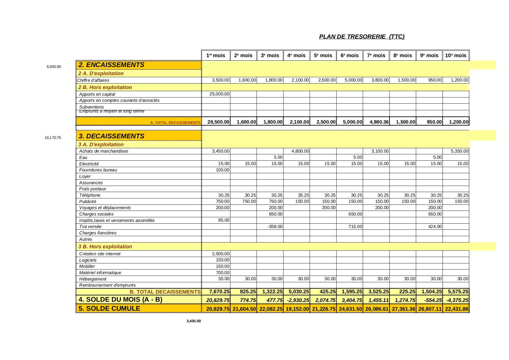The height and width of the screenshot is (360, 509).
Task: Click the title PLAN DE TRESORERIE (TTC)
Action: [x=362, y=37]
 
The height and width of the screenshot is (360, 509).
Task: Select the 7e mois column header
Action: [x=376, y=55]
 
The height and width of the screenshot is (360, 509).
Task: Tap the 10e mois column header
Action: [x=456, y=55]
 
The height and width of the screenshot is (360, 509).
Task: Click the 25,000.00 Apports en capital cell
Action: [x=219, y=94]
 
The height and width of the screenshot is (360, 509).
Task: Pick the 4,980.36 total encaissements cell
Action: [x=379, y=122]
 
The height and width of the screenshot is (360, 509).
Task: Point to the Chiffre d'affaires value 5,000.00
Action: [x=353, y=80]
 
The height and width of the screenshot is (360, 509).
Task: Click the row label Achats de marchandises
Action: [x=104, y=151]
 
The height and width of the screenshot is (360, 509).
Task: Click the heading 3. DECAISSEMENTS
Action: [x=111, y=136]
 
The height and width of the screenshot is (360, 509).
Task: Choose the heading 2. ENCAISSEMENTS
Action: [x=111, y=65]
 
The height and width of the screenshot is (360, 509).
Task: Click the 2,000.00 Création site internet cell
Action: [x=221, y=254]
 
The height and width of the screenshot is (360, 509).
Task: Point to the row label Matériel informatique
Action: [x=100, y=273]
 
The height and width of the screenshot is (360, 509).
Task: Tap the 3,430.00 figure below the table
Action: [x=194, y=321]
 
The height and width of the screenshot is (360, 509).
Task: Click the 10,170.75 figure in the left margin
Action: [x=53, y=138]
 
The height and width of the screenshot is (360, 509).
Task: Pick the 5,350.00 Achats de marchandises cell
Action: [x=459, y=151]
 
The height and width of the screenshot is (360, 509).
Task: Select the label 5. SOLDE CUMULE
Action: [x=109, y=308]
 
